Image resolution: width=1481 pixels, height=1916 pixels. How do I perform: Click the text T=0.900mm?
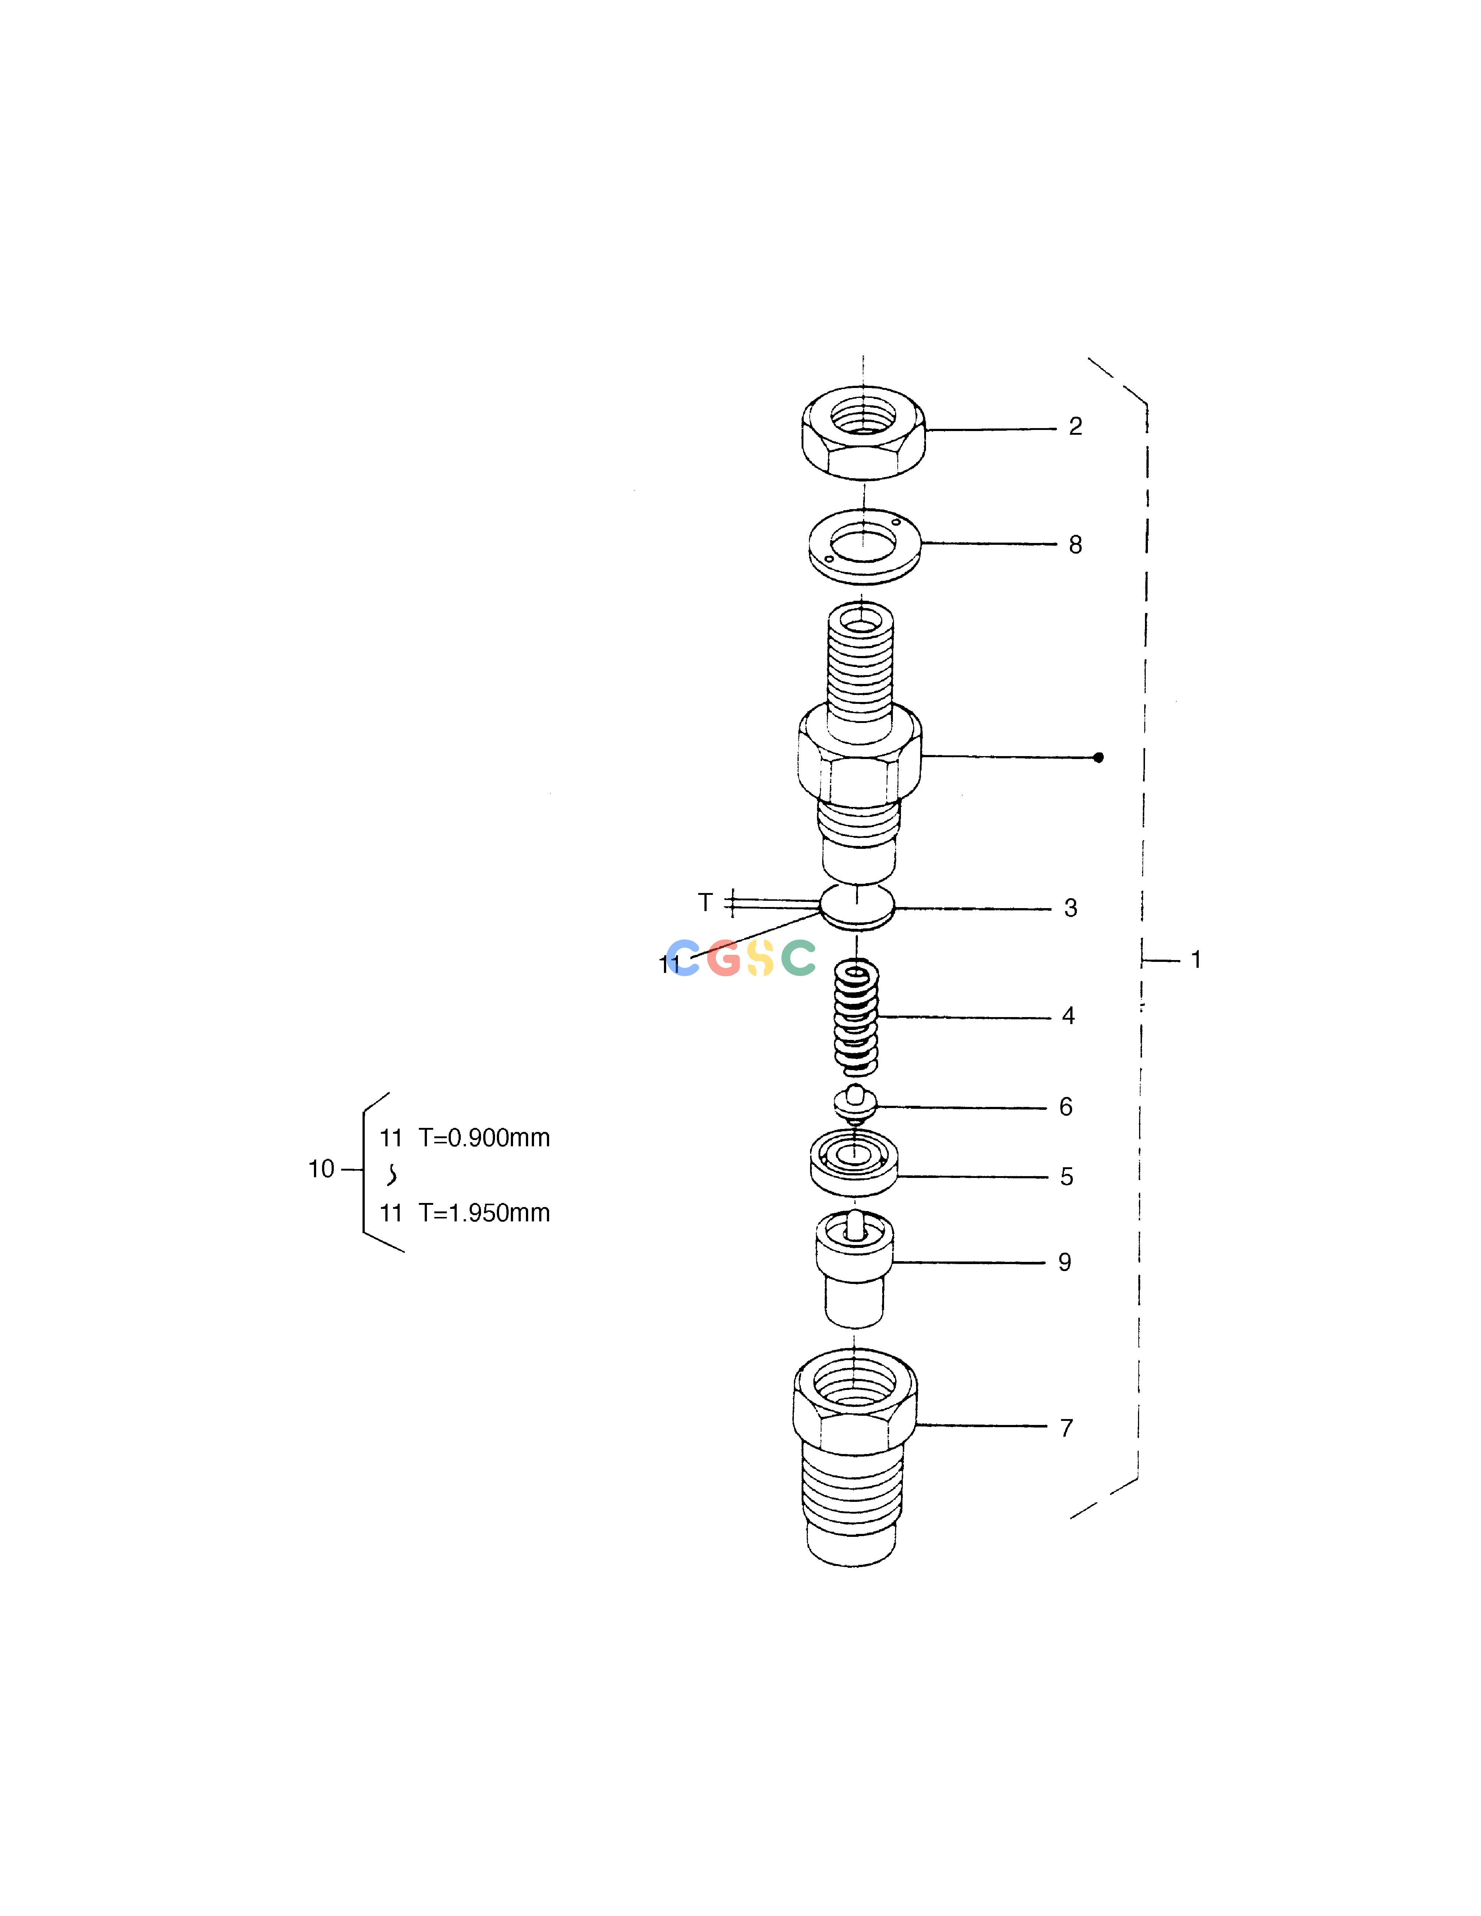click(484, 1138)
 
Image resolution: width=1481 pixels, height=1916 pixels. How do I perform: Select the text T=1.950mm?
click(484, 1213)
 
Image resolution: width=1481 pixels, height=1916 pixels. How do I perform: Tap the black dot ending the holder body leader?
click(1099, 757)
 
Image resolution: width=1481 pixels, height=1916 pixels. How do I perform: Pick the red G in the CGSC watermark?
click(725, 958)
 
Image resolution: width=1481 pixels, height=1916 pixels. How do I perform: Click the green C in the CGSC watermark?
click(798, 958)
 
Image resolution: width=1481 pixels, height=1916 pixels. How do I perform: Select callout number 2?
click(1076, 426)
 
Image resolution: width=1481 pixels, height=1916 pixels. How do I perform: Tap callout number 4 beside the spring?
click(1069, 1016)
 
